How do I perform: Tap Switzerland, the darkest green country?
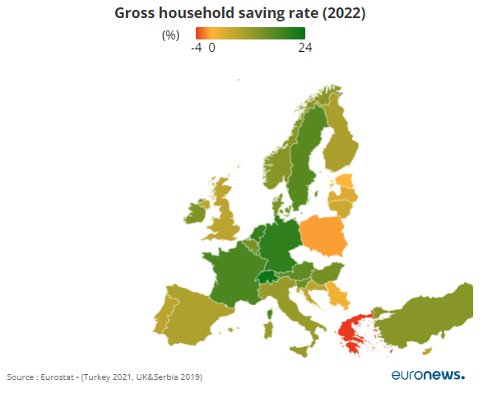[267, 277]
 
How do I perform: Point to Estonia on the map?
[344, 181]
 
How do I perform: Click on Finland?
[339, 138]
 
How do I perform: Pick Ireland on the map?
[195, 213]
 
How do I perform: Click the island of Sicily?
[300, 350]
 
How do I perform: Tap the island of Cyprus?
[426, 351]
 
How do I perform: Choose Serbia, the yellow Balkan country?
[338, 295]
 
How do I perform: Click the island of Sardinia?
[268, 330]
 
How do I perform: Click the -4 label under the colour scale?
[197, 48]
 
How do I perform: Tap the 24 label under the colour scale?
[305, 48]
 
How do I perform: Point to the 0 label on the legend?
[212, 48]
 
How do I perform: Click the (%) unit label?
[170, 35]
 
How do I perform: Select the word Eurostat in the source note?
[57, 377]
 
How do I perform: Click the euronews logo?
[428, 375]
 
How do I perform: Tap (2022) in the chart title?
[344, 13]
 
